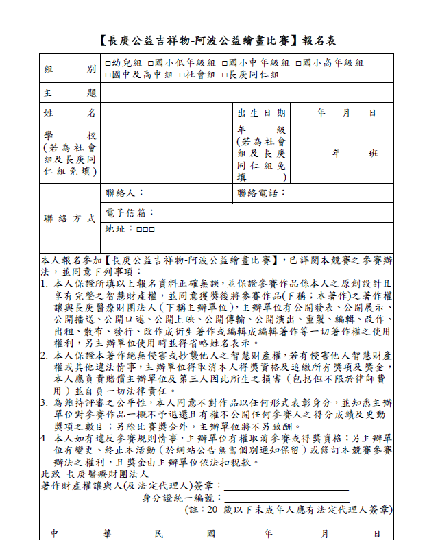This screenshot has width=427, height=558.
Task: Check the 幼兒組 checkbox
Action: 108,63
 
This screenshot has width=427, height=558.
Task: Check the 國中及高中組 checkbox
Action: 108,75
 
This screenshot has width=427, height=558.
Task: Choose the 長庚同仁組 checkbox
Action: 224,75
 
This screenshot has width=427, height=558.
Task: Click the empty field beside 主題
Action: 247,93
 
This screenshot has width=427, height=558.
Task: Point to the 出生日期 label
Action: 261,113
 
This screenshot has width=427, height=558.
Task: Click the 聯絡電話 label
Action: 261,193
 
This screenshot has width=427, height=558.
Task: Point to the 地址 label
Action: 119,230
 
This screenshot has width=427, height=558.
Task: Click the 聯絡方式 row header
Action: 69,219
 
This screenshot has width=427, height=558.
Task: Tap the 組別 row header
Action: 69,69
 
